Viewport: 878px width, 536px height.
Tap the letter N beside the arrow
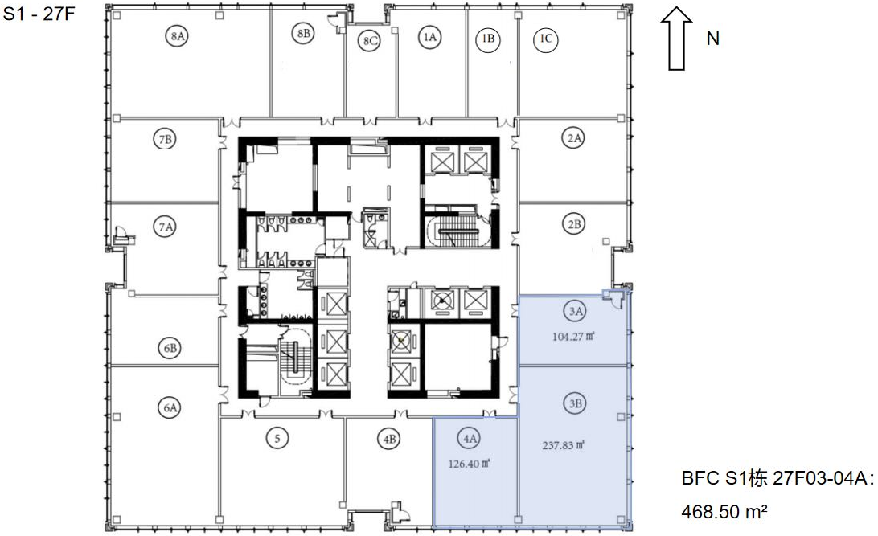click(x=713, y=39)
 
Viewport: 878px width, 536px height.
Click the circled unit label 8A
click(x=177, y=36)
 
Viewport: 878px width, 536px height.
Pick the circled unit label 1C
click(x=545, y=39)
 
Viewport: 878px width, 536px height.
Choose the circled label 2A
click(x=574, y=137)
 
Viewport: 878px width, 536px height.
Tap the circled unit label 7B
click(x=165, y=139)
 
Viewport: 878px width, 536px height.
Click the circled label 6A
click(x=170, y=407)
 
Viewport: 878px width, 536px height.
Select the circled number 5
click(x=277, y=438)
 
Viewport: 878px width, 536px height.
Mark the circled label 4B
click(x=390, y=440)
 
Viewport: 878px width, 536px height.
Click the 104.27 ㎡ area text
click(x=573, y=337)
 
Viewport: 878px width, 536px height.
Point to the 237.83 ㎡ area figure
click(x=564, y=445)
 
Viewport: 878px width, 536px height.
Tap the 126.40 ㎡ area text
click(x=470, y=464)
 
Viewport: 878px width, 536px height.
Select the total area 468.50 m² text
click(x=724, y=511)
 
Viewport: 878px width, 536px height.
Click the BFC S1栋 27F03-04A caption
click(x=777, y=479)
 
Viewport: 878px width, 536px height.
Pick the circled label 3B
click(x=576, y=403)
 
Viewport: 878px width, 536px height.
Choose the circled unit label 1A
click(x=429, y=37)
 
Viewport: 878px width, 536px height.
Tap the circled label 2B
click(x=574, y=224)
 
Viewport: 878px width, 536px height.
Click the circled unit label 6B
click(x=170, y=348)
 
